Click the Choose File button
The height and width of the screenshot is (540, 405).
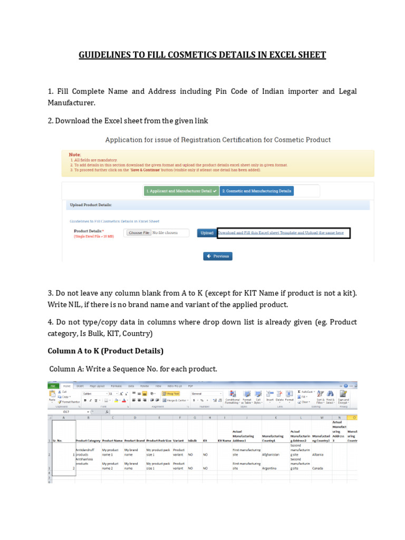(x=139, y=233)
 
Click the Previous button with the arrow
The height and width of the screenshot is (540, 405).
(x=218, y=256)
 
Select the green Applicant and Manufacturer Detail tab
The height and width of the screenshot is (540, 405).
(x=181, y=191)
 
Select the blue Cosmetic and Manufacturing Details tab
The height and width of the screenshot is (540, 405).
(x=256, y=191)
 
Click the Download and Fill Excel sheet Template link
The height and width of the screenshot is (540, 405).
(x=281, y=233)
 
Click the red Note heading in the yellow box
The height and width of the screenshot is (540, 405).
(x=74, y=155)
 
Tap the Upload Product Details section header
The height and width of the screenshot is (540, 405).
(x=91, y=205)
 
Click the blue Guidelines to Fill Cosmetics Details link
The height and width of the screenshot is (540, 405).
(x=114, y=221)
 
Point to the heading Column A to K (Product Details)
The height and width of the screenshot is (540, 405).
(x=105, y=351)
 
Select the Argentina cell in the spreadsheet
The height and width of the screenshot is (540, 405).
(x=273, y=468)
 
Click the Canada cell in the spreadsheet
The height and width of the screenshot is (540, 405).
(x=318, y=468)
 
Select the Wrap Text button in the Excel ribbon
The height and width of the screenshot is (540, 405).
(x=171, y=393)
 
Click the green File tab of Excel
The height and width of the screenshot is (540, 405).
(x=53, y=386)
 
